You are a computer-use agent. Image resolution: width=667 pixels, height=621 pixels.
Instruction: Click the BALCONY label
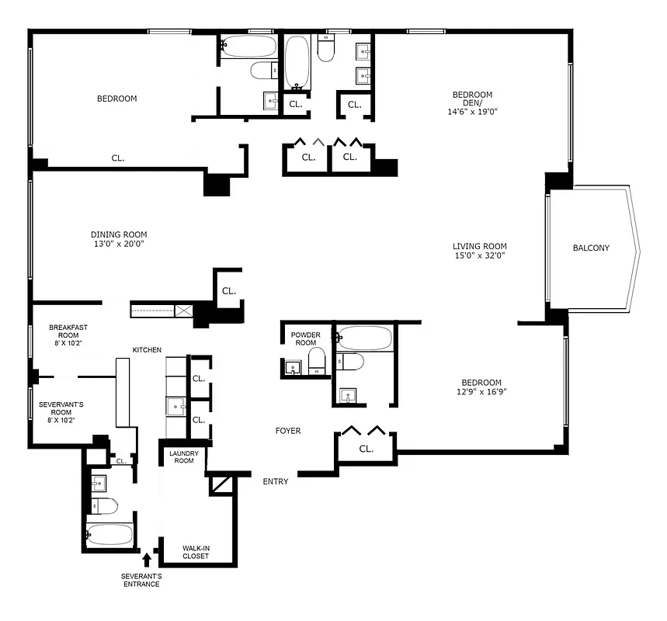[x=591, y=248]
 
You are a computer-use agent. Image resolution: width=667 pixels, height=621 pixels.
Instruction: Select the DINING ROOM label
[x=119, y=234]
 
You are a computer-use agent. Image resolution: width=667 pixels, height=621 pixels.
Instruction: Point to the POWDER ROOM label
[x=304, y=338]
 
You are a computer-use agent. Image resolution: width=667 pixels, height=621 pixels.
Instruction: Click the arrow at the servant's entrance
[x=147, y=558]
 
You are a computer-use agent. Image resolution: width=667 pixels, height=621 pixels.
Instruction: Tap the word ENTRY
[x=276, y=481]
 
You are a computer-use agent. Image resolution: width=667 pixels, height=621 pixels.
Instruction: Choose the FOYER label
[x=288, y=431]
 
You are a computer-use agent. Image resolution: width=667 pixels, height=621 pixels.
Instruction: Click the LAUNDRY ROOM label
[x=182, y=456]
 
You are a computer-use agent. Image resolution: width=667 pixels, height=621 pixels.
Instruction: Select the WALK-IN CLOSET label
[x=196, y=552]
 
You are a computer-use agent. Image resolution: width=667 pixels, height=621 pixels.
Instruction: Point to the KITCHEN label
[x=147, y=350]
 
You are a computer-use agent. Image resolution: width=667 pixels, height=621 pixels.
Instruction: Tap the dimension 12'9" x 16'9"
[x=481, y=392]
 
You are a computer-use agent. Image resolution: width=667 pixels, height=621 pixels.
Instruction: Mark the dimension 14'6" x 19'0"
[x=472, y=112]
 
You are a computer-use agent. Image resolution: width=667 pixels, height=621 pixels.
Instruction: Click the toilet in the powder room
[x=316, y=361]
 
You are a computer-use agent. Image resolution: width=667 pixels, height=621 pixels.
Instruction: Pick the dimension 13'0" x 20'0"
[x=119, y=244]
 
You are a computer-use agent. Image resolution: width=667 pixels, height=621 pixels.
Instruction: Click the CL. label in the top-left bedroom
[x=118, y=158]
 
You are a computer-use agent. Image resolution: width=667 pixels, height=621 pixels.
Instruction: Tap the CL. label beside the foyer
[x=367, y=449]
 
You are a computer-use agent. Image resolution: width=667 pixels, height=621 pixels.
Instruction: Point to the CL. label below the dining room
[x=228, y=291]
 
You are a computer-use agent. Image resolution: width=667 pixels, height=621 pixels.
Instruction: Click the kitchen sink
[x=175, y=406]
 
